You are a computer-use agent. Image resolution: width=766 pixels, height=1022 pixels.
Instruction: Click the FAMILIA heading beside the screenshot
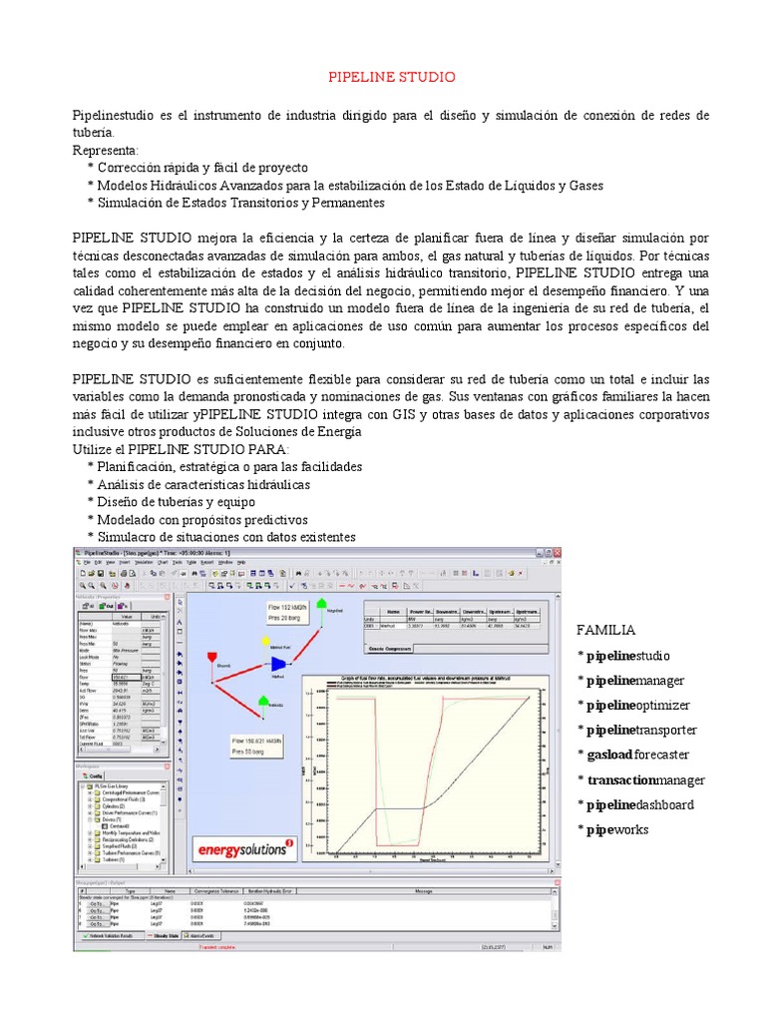606,631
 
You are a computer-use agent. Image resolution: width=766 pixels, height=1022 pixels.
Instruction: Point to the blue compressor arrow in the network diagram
278,663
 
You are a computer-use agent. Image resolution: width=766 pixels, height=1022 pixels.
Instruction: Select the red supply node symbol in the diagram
211,655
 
